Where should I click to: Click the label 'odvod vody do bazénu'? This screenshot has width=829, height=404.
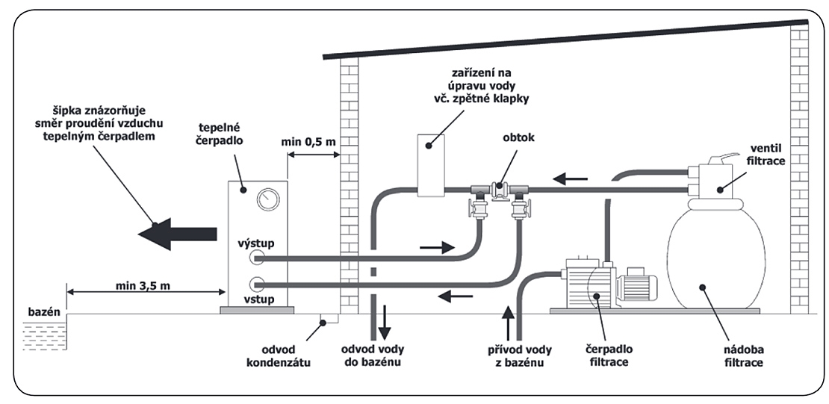[373, 355]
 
